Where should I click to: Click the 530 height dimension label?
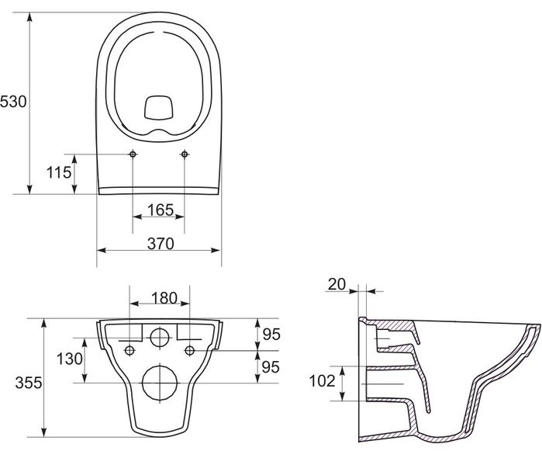tap(13, 102)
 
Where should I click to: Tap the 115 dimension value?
tap(59, 172)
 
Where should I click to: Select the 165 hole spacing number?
tap(161, 210)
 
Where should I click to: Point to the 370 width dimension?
tap(161, 244)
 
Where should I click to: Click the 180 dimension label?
tap(164, 297)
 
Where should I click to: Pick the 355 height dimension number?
tap(29, 383)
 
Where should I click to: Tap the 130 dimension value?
tap(70, 359)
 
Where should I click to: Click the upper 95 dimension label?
tap(271, 335)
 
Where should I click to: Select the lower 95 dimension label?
tap(271, 367)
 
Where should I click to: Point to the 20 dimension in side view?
tap(337, 284)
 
